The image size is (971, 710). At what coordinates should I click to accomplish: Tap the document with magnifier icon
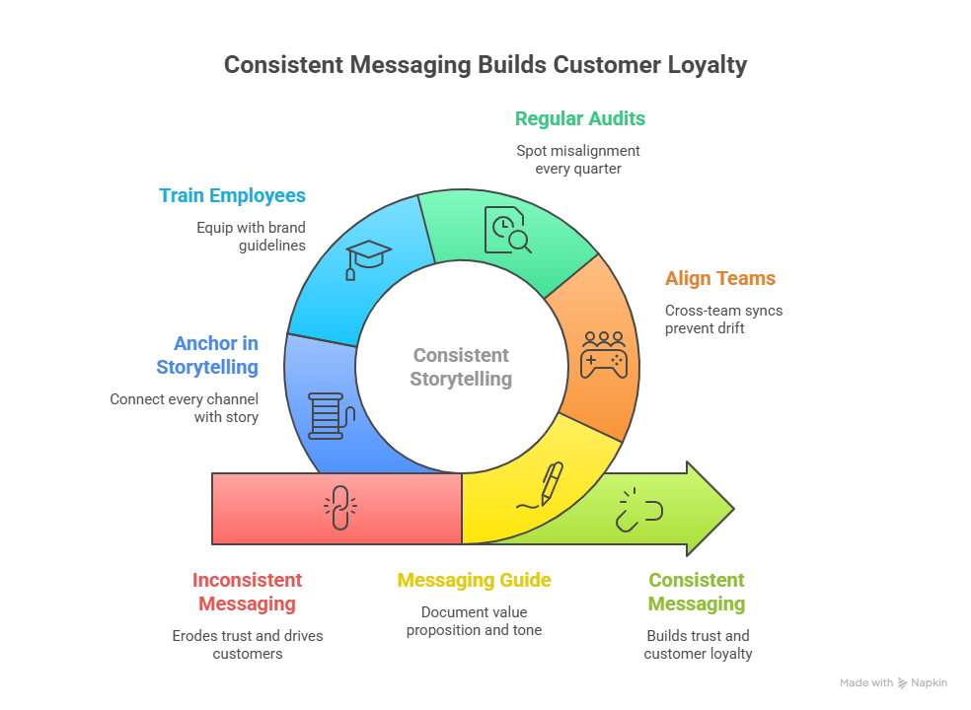504,230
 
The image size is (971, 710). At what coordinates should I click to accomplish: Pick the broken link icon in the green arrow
639,509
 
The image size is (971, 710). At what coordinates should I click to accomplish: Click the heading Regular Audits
579,118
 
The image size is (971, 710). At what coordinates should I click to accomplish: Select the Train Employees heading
232,195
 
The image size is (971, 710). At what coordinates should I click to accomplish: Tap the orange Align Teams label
719,278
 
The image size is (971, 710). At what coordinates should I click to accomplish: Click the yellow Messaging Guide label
474,580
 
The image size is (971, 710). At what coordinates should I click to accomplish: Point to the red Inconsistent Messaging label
247,592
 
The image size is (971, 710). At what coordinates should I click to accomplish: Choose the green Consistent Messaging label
697,592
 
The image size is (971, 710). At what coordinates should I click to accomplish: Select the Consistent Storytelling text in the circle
461,367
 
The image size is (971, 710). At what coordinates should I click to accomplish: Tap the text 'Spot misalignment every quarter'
578,159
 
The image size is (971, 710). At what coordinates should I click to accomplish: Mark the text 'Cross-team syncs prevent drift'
723,319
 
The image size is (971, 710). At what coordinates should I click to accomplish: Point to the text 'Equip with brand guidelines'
251,236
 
